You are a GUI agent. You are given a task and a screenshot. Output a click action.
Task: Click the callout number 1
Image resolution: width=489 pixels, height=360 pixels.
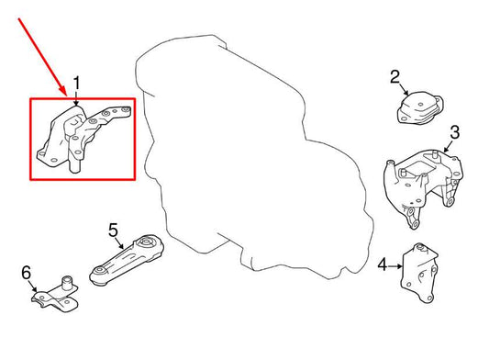[x=76, y=84]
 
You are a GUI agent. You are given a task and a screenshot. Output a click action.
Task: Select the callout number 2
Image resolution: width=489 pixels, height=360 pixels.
[x=395, y=77]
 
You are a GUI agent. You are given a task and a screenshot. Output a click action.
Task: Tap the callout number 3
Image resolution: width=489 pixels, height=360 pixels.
[x=455, y=132]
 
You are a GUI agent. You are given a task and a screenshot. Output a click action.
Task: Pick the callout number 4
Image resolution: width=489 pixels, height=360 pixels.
[x=383, y=265]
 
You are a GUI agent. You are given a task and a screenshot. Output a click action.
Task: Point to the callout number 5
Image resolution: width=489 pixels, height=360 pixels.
[x=113, y=231]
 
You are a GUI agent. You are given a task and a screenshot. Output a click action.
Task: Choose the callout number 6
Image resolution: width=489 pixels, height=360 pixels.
[x=27, y=272]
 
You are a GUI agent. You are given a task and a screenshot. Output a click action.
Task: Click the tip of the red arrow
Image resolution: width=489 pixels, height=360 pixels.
[x=66, y=96]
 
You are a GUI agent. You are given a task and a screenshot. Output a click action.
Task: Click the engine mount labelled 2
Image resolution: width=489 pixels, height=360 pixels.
[x=420, y=108]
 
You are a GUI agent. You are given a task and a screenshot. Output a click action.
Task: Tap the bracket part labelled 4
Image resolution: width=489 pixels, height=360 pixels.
[x=420, y=273]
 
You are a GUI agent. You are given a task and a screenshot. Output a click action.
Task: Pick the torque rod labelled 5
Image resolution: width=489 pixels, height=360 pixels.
[x=127, y=260]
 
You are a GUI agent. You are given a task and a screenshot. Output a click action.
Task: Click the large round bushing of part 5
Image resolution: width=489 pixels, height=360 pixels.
[x=146, y=242]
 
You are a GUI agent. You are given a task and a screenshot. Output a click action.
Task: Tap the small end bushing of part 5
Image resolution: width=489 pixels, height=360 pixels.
[x=99, y=271]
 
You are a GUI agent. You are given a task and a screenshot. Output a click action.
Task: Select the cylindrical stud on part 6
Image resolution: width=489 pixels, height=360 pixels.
[x=67, y=282]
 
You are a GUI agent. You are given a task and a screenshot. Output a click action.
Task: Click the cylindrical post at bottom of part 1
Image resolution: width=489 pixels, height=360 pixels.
[x=74, y=164]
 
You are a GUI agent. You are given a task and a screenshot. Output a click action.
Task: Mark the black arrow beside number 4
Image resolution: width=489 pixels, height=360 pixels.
[x=395, y=266]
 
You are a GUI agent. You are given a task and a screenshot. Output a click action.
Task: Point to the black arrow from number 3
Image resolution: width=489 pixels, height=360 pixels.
[x=448, y=146]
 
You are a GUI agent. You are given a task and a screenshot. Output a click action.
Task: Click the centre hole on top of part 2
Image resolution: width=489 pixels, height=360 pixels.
[x=421, y=105]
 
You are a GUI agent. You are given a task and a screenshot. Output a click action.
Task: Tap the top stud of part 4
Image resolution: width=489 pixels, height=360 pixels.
[x=421, y=248]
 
